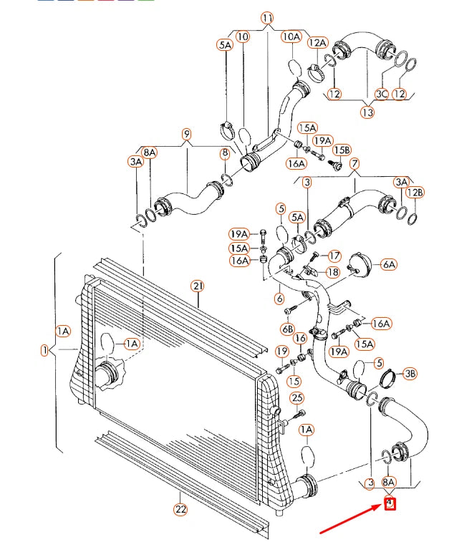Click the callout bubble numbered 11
tap(268, 18)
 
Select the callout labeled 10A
tap(291, 36)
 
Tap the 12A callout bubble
tap(318, 43)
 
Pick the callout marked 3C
tap(382, 93)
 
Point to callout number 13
tap(367, 112)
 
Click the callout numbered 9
tap(186, 134)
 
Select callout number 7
tap(354, 164)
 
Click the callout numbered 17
tap(334, 255)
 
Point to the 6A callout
tap(389, 264)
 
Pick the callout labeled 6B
tap(287, 329)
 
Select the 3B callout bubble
tap(410, 372)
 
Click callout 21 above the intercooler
tap(198, 286)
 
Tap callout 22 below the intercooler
tap(180, 509)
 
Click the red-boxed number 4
tap(390, 503)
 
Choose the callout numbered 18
tap(332, 272)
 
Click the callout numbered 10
tap(243, 36)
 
